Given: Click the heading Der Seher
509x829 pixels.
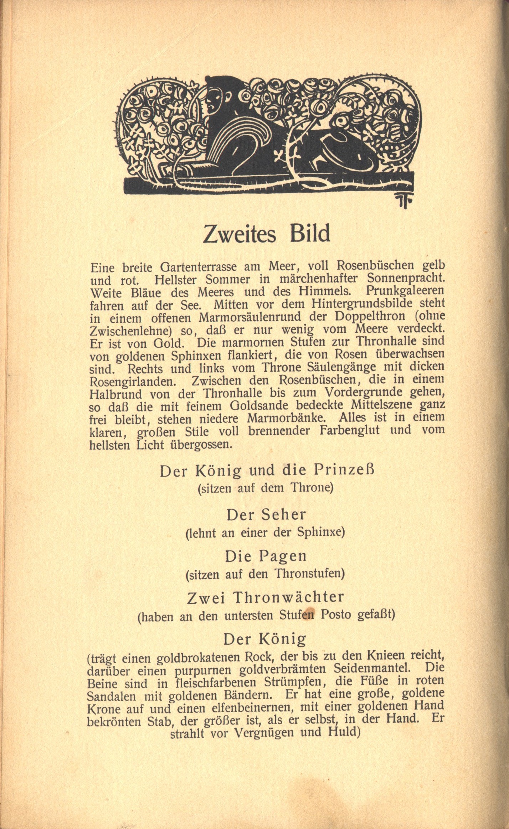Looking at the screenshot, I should [266, 515].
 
